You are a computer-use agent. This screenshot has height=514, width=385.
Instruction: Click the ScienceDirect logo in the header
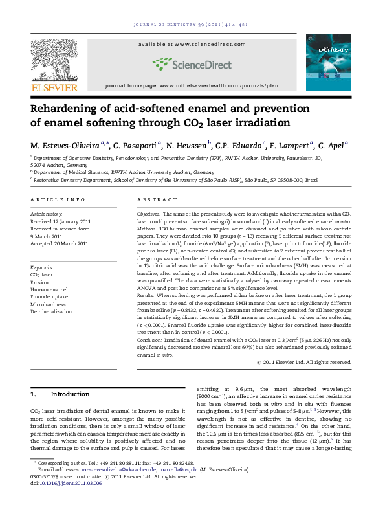[193, 63]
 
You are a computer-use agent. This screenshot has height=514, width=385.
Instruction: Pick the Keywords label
[42, 267]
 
